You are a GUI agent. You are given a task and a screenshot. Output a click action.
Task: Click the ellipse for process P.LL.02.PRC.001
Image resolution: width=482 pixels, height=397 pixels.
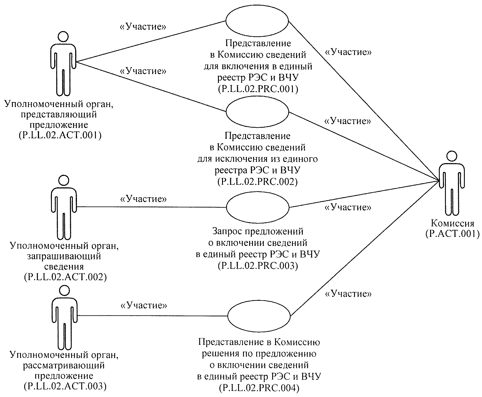(x=257, y=21)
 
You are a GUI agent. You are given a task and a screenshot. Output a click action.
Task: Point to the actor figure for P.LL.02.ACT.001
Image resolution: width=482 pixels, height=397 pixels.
(x=63, y=64)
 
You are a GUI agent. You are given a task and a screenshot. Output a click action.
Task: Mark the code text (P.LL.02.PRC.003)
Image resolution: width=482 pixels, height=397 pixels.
(x=258, y=266)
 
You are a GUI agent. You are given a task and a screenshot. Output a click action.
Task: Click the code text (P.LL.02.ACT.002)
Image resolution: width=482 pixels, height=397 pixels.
(x=65, y=277)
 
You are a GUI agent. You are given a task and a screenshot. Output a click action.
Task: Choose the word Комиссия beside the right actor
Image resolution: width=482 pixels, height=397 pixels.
(x=452, y=224)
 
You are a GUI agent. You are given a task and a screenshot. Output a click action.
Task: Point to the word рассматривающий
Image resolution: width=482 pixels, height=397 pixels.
(x=64, y=365)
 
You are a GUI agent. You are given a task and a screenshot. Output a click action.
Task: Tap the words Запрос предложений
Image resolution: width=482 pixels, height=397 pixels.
(x=258, y=231)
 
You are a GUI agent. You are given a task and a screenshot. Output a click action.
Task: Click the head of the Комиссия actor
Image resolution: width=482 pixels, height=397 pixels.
(x=451, y=156)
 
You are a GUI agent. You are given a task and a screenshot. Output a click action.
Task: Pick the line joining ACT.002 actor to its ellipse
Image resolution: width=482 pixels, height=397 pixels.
(x=152, y=207)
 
